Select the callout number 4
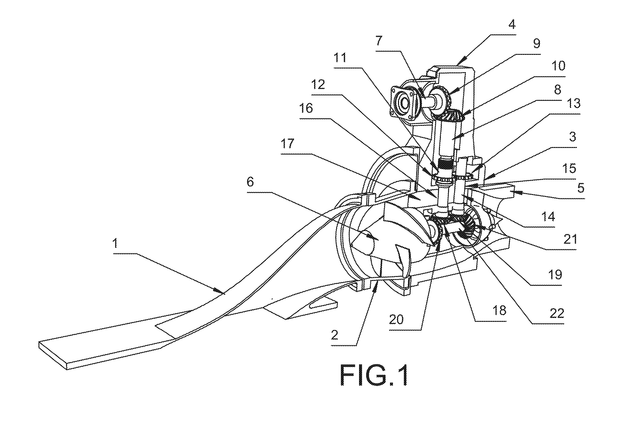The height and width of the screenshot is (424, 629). click(x=512, y=25)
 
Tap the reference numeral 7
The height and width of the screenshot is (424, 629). click(x=379, y=41)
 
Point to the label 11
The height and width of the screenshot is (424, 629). click(x=340, y=58)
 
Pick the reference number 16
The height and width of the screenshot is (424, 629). click(x=306, y=108)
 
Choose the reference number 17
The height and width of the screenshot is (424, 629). click(x=287, y=144)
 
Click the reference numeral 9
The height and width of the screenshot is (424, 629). click(x=536, y=43)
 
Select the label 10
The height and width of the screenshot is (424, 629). click(x=558, y=66)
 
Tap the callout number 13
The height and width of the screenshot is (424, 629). click(x=573, y=104)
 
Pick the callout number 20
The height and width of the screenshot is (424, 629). click(x=396, y=320)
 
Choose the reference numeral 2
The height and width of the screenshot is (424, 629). click(x=335, y=335)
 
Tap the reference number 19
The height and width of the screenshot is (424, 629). click(x=555, y=275)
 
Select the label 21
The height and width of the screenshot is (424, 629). click(x=570, y=239)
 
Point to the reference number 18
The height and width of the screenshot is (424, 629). click(x=499, y=311)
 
